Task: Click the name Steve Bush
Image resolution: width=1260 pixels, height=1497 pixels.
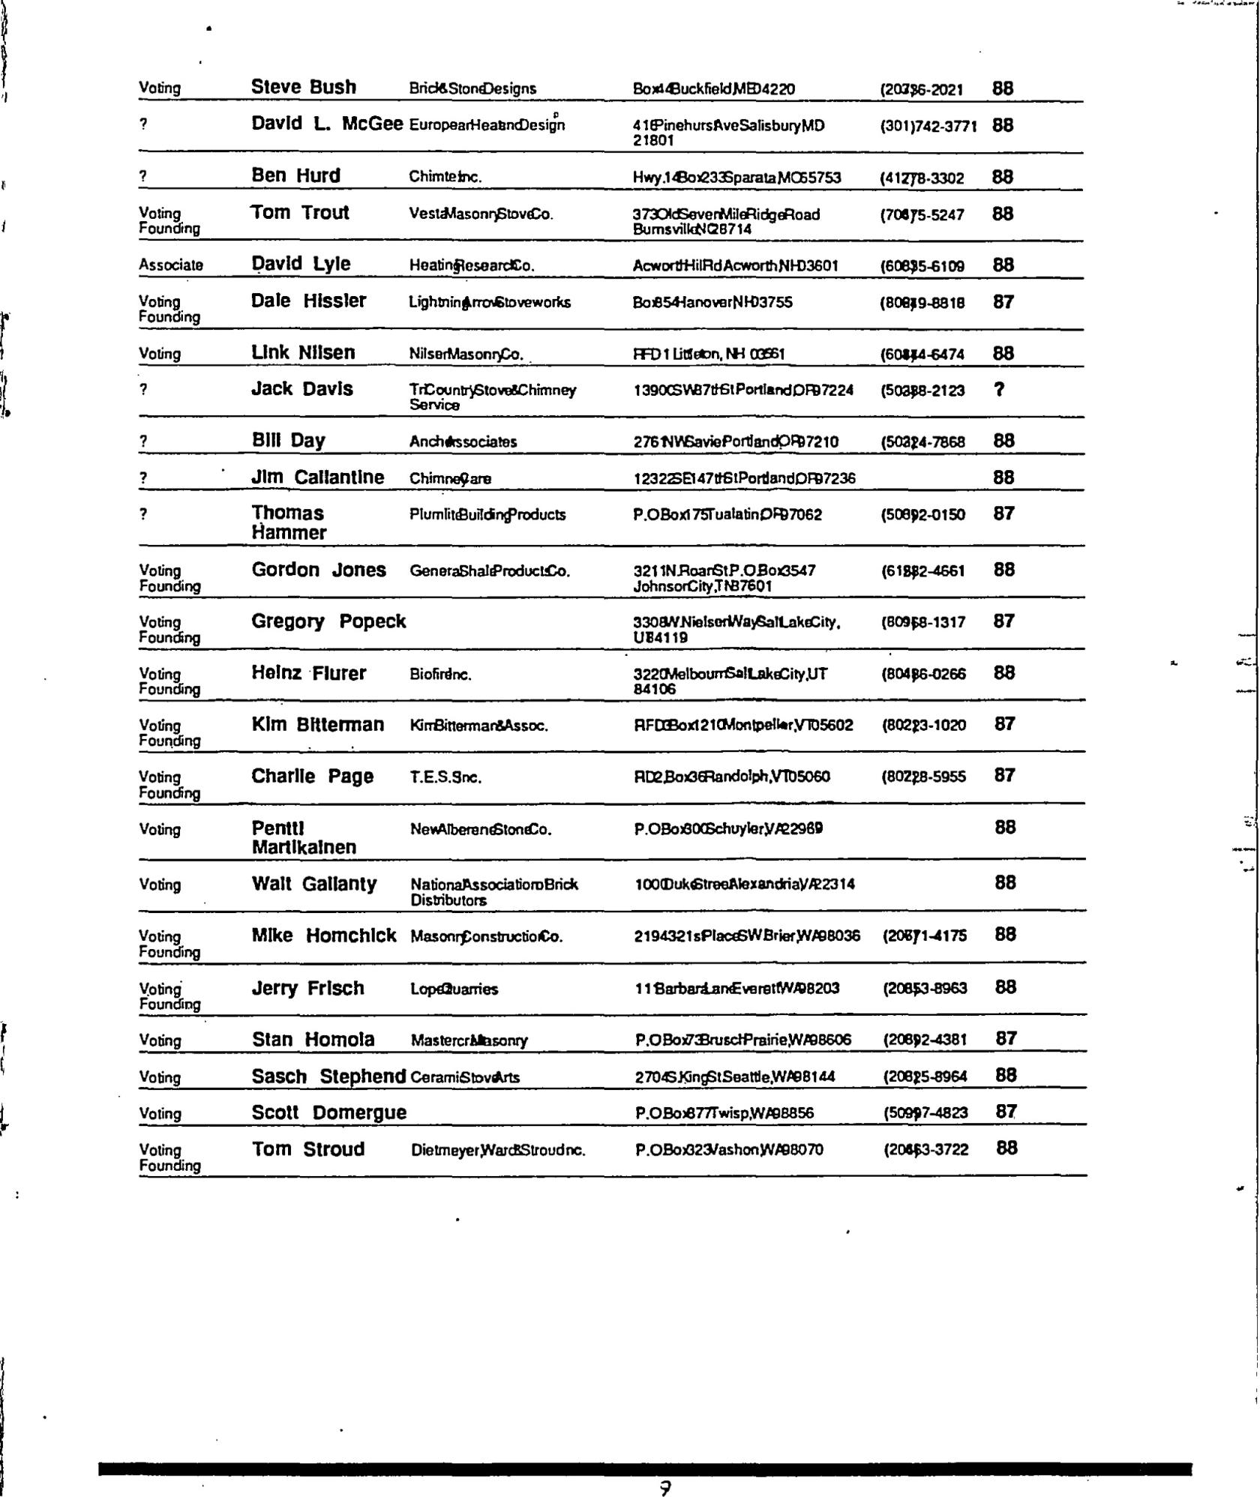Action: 303,87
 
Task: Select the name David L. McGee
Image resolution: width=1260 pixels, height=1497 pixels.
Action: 327,124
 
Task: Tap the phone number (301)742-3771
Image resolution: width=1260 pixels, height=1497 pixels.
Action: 928,126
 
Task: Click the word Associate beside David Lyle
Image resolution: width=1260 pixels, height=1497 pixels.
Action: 170,265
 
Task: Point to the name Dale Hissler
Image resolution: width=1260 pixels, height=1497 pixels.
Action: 308,301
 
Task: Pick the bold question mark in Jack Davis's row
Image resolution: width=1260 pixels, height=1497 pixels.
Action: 998,389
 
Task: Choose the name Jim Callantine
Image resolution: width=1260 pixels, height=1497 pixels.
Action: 317,478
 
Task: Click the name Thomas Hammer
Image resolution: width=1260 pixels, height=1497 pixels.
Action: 289,522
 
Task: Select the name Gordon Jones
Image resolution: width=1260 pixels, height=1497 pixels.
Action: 319,570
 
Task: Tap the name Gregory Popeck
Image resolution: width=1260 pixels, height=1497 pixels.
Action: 328,621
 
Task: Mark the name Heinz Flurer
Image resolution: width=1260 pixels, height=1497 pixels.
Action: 308,673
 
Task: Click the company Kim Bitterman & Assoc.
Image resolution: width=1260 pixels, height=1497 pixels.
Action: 478,726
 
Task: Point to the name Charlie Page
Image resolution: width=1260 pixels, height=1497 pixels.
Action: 312,776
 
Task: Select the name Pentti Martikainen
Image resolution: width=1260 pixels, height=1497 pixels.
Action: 303,837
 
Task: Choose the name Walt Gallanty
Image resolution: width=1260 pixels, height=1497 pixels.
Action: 313,884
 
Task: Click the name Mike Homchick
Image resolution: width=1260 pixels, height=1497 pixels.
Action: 323,936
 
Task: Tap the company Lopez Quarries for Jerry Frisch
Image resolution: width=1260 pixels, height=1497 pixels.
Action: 454,989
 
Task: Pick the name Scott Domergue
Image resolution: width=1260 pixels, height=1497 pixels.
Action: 328,1112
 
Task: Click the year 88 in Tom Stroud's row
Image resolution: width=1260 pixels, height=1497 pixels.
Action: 1006,1148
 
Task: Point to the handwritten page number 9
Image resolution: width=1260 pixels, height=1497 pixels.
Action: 664,1488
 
